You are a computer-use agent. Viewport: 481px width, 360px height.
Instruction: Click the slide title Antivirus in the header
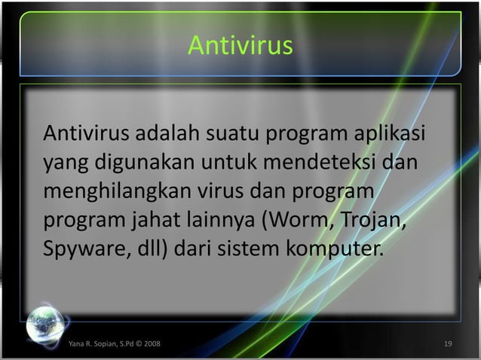pyautogui.click(x=240, y=46)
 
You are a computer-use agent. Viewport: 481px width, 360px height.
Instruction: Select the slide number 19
pyautogui.click(x=448, y=345)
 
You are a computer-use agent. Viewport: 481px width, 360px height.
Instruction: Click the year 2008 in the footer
pyautogui.click(x=147, y=345)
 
